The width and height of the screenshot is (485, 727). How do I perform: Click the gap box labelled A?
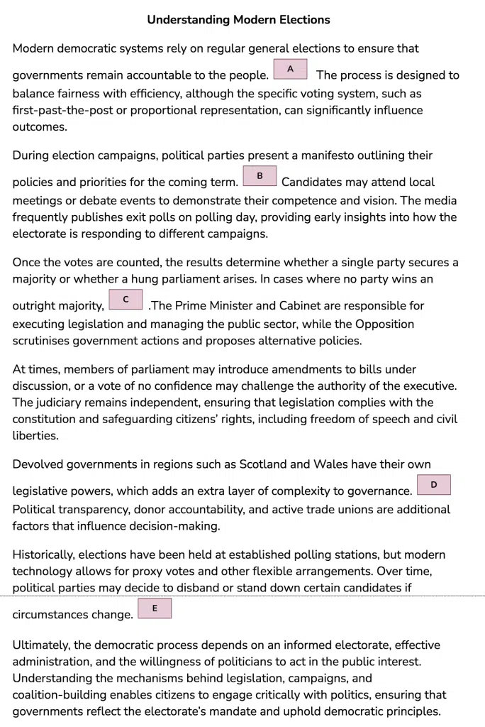pos(290,69)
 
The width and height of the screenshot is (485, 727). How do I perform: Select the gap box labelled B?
pos(260,176)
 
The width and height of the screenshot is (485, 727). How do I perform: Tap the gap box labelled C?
pos(126,300)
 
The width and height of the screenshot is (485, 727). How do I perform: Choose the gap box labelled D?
pos(434,485)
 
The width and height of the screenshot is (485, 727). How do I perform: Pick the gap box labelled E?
pos(155,608)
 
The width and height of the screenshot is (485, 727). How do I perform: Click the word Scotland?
pos(263,464)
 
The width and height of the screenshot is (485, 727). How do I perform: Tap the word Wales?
pos(330,464)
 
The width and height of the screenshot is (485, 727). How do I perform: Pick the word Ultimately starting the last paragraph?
pos(45,645)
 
